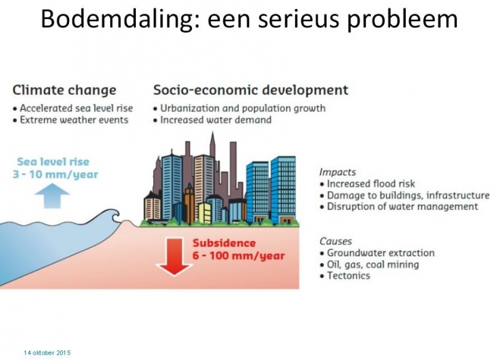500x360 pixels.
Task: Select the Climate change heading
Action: [x=64, y=90]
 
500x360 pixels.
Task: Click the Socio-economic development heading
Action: [x=251, y=90]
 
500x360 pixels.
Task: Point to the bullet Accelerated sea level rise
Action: [x=72, y=109]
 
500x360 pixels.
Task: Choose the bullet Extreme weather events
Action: [x=70, y=120]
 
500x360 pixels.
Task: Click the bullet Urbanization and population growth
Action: [x=239, y=109]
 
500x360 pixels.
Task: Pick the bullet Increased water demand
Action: [x=212, y=120]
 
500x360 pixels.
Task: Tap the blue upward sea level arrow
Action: [x=52, y=197]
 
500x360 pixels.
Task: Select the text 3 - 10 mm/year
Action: [x=55, y=174]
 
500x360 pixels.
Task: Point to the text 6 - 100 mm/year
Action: [x=238, y=255]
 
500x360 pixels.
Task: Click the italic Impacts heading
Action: [x=337, y=172]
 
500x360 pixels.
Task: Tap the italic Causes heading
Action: [x=335, y=241]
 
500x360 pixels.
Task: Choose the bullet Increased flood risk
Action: [x=367, y=184]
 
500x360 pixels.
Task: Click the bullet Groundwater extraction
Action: [x=377, y=253]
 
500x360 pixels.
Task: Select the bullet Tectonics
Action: [x=345, y=276]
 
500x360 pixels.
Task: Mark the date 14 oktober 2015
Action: [x=47, y=353]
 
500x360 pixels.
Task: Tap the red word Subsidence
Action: [x=224, y=243]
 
